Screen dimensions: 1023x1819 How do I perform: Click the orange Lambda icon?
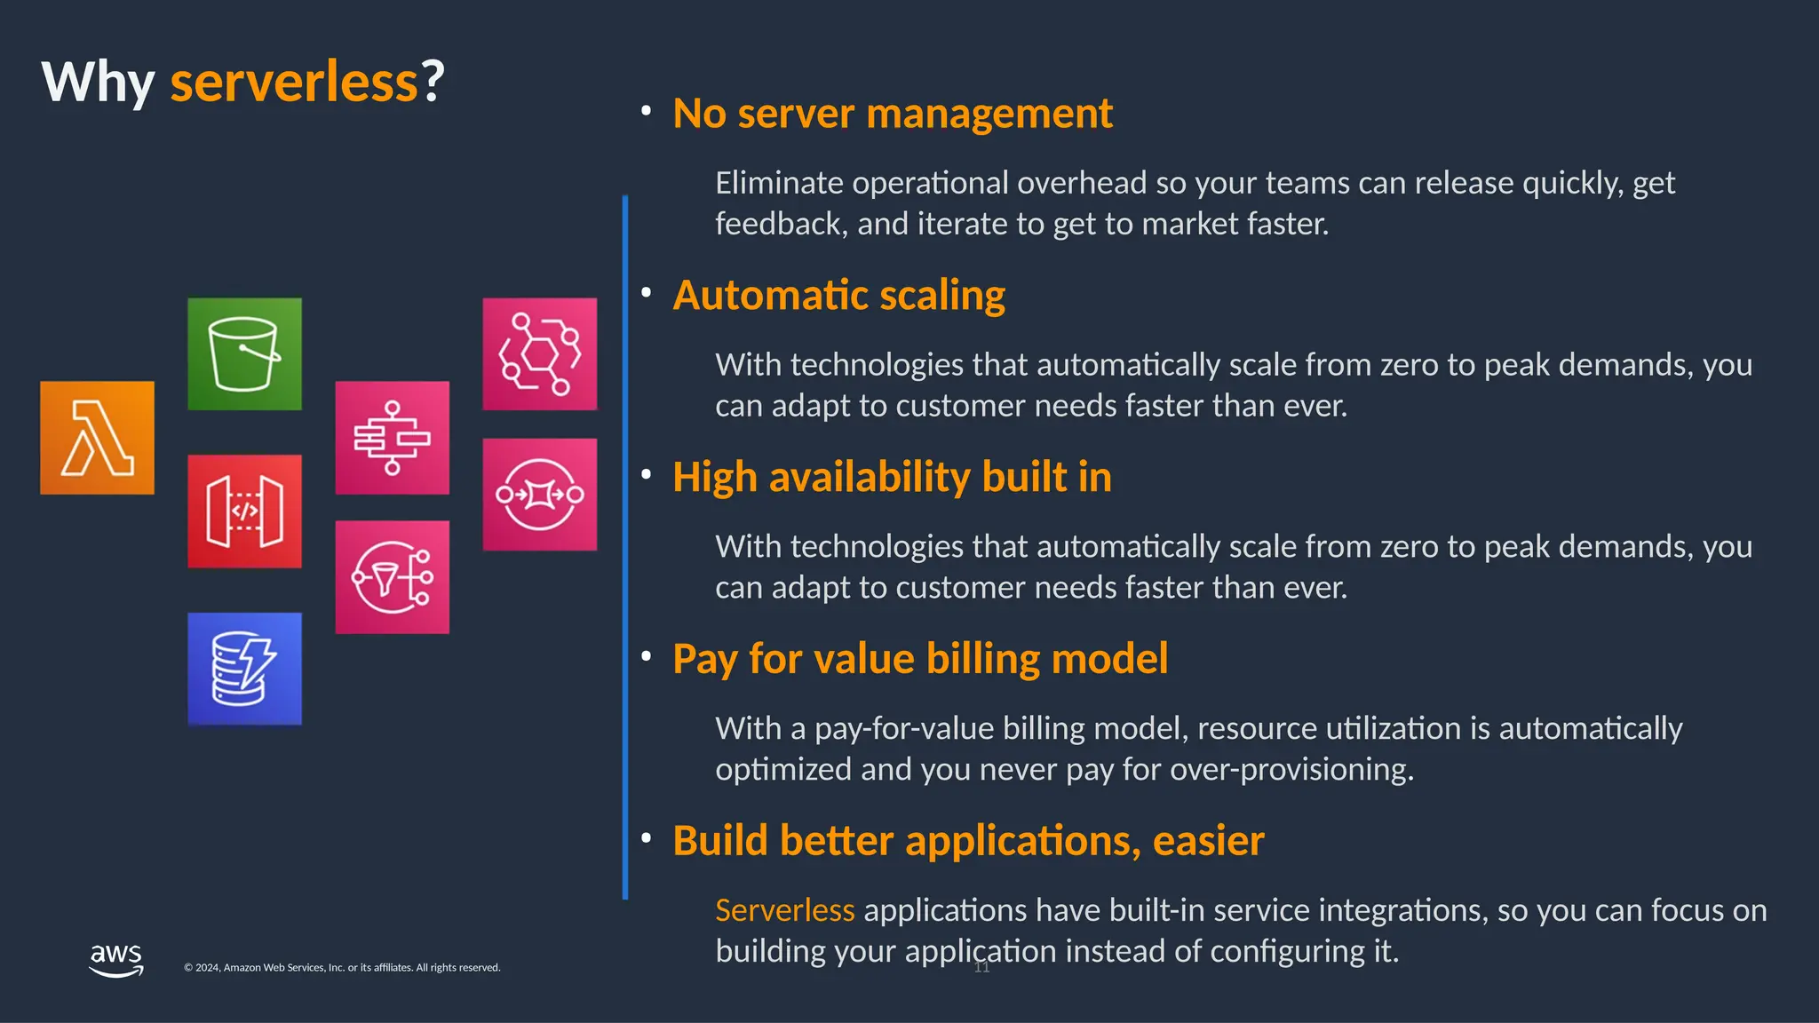point(97,438)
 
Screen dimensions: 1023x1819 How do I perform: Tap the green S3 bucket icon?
point(244,353)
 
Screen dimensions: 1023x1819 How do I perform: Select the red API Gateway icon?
point(244,511)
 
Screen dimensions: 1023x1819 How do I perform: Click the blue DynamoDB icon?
point(244,669)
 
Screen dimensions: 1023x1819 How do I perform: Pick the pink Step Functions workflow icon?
point(392,438)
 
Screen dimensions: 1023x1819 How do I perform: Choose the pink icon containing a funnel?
point(392,577)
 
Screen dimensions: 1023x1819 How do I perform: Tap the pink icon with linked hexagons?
point(539,353)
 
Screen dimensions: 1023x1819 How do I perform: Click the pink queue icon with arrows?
point(539,495)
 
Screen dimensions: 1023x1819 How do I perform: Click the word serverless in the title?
point(294,82)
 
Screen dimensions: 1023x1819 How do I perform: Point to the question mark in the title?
point(433,82)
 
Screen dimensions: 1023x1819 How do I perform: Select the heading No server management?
point(892,114)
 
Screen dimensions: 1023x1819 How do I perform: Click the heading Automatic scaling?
point(838,296)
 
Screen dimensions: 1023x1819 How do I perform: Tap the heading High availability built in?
point(892,478)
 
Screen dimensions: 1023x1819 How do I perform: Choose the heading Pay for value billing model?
point(920,659)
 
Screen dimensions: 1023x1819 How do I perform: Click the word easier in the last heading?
point(1208,841)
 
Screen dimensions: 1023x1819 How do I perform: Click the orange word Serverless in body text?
point(784,910)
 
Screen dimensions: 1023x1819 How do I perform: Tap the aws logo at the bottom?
point(116,960)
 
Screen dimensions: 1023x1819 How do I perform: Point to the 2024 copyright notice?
point(342,968)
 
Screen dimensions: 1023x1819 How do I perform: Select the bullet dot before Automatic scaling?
point(647,292)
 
